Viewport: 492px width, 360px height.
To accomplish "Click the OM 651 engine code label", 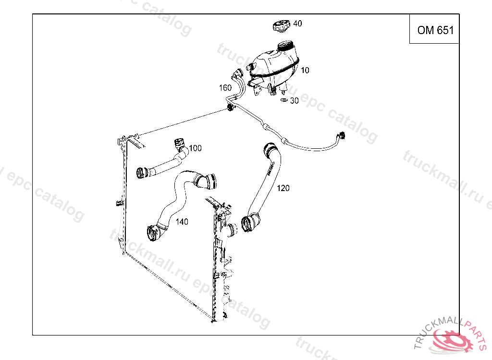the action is click(435, 30).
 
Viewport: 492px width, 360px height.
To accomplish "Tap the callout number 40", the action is click(297, 24).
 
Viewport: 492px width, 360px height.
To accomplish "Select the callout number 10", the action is click(305, 70).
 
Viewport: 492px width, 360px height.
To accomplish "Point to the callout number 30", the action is click(295, 101).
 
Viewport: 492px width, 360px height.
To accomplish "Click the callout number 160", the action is click(225, 88).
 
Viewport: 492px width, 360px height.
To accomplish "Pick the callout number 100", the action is click(195, 148).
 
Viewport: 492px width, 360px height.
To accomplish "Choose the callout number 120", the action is click(283, 188).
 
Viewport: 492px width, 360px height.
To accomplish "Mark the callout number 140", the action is click(182, 222).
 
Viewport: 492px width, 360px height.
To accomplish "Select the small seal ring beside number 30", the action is click(284, 100).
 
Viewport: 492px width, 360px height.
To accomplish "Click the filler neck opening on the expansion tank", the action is click(287, 47).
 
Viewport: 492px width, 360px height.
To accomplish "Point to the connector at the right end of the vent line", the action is click(341, 135).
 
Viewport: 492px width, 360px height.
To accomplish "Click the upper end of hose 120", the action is click(268, 150).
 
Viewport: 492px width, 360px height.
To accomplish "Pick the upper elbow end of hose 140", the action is click(208, 181).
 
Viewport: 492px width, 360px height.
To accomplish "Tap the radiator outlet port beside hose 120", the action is click(232, 230).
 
